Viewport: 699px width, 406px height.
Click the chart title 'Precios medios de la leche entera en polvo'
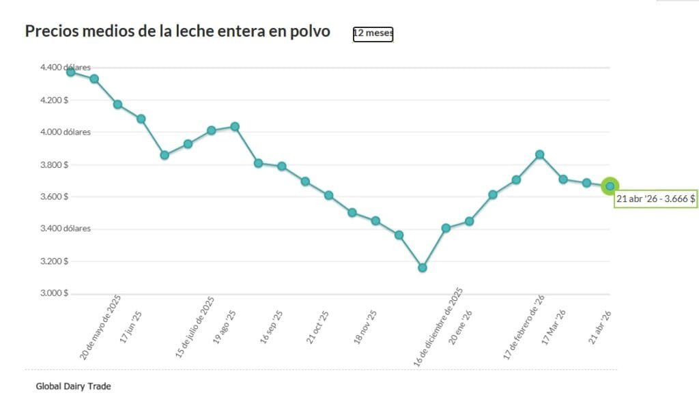(x=177, y=31)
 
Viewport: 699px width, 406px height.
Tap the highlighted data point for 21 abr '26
(x=610, y=186)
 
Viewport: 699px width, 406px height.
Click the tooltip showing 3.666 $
(x=655, y=199)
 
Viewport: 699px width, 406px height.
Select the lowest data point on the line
(x=423, y=268)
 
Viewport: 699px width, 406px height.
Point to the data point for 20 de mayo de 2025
(x=71, y=72)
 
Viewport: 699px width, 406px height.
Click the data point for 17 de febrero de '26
(x=539, y=154)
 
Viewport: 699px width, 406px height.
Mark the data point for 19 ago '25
(x=235, y=126)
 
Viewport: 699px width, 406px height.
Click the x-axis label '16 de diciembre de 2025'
(x=439, y=328)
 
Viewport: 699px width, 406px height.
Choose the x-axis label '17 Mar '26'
(x=554, y=328)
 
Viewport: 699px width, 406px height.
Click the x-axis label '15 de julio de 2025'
(x=195, y=328)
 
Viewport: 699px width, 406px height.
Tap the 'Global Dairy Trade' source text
(x=73, y=386)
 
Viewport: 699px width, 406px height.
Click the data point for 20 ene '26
(x=469, y=221)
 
